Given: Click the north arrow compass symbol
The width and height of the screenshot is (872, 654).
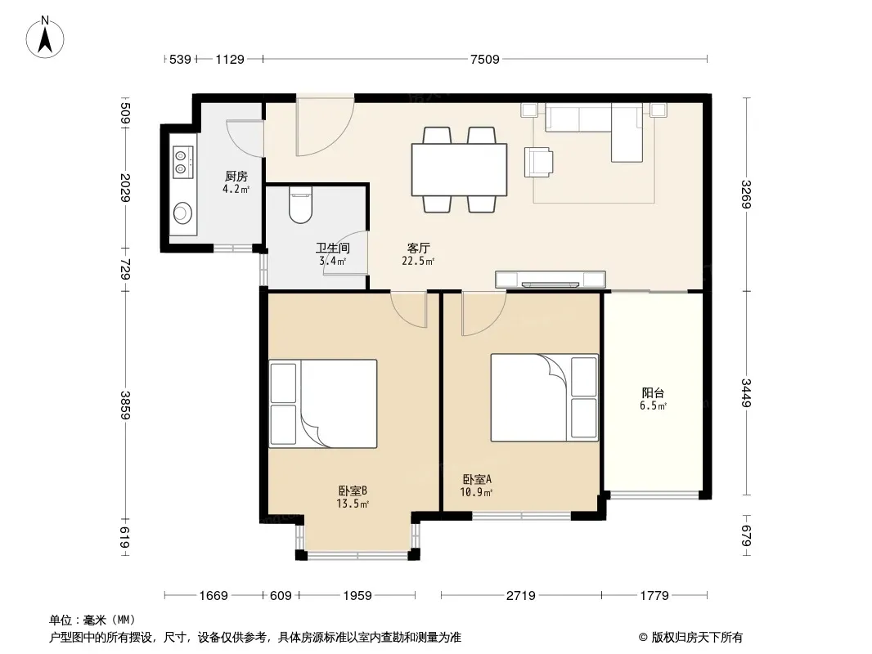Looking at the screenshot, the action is click(45, 37).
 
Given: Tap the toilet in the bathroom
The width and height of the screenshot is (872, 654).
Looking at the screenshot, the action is click(301, 204).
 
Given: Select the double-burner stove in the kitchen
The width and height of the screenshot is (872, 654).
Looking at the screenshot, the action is click(182, 162).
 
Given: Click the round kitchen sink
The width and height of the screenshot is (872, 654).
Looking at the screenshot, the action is click(183, 213).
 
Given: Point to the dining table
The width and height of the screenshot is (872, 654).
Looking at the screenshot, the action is click(460, 169).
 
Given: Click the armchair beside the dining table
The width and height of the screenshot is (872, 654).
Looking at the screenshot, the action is click(538, 162).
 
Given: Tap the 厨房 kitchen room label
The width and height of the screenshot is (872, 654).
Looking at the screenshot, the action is click(236, 177).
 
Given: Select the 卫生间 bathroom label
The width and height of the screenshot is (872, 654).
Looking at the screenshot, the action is click(333, 249).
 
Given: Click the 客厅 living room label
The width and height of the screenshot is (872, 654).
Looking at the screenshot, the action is click(418, 249).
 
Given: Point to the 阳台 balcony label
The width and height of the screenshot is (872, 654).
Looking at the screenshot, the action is click(653, 393).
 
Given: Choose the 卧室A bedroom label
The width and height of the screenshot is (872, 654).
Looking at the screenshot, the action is click(477, 479).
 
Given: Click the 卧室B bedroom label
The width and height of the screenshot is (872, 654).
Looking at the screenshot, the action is click(353, 491).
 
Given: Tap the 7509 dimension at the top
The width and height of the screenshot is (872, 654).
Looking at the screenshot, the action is click(485, 59).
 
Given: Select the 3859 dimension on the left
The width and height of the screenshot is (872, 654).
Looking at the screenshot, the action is click(125, 405).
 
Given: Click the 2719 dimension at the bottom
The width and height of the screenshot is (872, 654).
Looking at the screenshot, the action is click(521, 596).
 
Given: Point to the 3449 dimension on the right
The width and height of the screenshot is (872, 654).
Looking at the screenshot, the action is click(746, 392).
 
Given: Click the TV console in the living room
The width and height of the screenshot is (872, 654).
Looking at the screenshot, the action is click(551, 280).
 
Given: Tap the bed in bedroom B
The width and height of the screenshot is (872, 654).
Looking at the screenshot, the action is click(323, 404).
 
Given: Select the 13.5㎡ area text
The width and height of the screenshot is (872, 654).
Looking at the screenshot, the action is click(353, 504).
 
